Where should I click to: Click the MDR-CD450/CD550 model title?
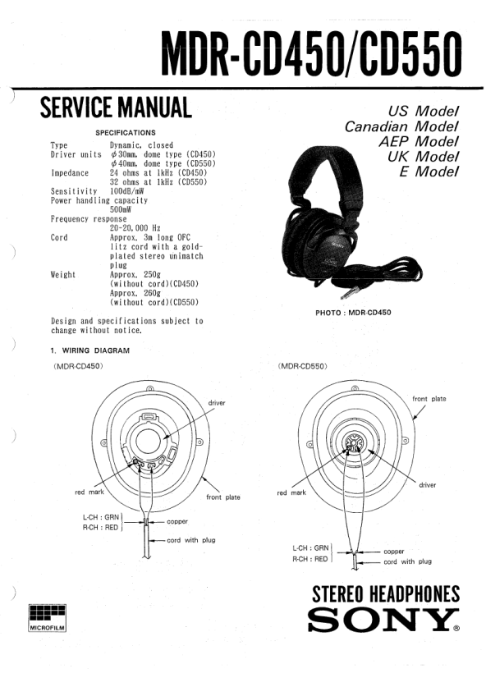[x=312, y=55]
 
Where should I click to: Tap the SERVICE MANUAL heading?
[x=116, y=108]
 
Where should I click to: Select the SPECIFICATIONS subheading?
[x=126, y=133]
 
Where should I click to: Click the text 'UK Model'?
[x=423, y=157]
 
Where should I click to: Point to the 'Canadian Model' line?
[x=401, y=126]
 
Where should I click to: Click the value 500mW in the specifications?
[x=121, y=209]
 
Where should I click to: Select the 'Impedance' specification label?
[x=70, y=173]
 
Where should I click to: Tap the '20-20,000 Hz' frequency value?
[x=135, y=228]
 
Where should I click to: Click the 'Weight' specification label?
[x=63, y=275]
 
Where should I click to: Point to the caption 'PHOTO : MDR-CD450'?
[x=353, y=313]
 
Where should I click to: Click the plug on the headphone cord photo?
[x=346, y=292]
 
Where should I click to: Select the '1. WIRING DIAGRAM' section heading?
[x=89, y=350]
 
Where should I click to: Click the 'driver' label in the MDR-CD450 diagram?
[x=217, y=403]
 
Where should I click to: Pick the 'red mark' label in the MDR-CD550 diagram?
[x=291, y=493]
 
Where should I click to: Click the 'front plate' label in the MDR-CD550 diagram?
[x=429, y=399]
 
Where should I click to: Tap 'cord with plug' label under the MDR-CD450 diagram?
[x=191, y=540]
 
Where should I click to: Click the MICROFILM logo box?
[x=48, y=618]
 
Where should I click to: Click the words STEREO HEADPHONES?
[x=386, y=594]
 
